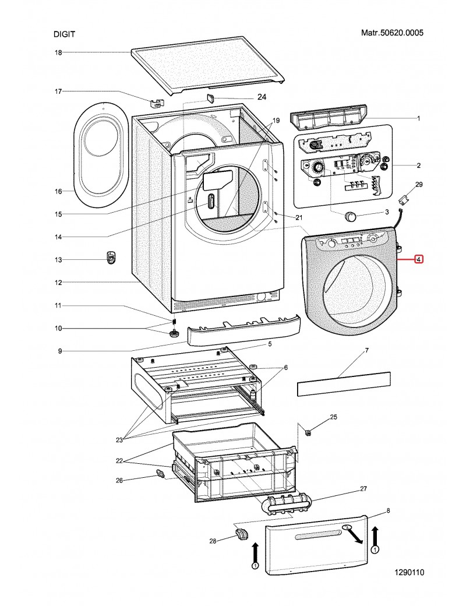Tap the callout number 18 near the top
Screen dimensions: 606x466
[58, 52]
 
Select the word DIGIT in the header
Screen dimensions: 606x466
[64, 34]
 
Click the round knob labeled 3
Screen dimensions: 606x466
[350, 216]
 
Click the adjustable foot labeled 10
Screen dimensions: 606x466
[173, 333]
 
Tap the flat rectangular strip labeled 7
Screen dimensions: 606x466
[343, 384]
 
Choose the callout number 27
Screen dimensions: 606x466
[363, 488]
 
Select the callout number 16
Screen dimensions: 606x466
[58, 191]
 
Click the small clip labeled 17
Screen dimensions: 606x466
[156, 103]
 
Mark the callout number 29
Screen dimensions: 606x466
[419, 184]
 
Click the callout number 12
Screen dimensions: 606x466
[58, 283]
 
